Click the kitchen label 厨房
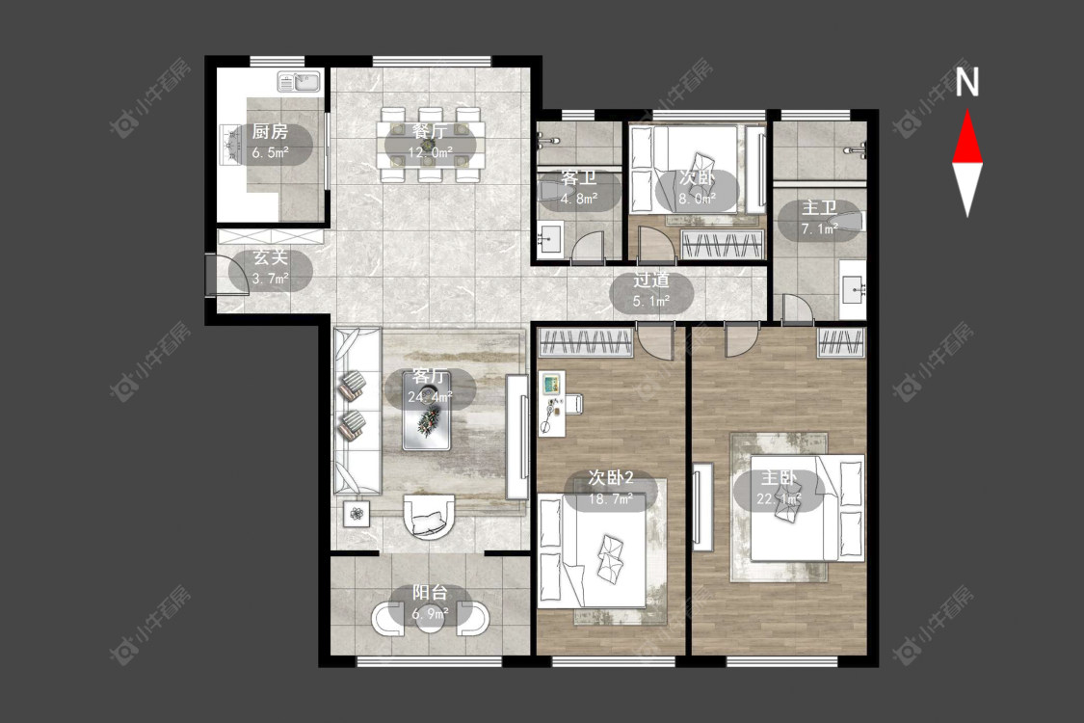point(270,131)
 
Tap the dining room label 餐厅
point(430,131)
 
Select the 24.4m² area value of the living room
point(430,396)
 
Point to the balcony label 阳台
point(430,592)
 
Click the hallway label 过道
point(651,281)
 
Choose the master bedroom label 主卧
point(779,478)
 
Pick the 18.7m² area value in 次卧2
point(611,498)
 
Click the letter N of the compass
point(967,82)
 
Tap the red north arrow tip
point(967,112)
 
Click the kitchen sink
point(300,82)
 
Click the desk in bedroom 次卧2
point(552,403)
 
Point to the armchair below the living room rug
point(429,516)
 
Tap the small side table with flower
point(357,514)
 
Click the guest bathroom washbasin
point(551,239)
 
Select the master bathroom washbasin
point(853,289)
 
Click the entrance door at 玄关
point(210,276)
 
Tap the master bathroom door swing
point(799,308)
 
